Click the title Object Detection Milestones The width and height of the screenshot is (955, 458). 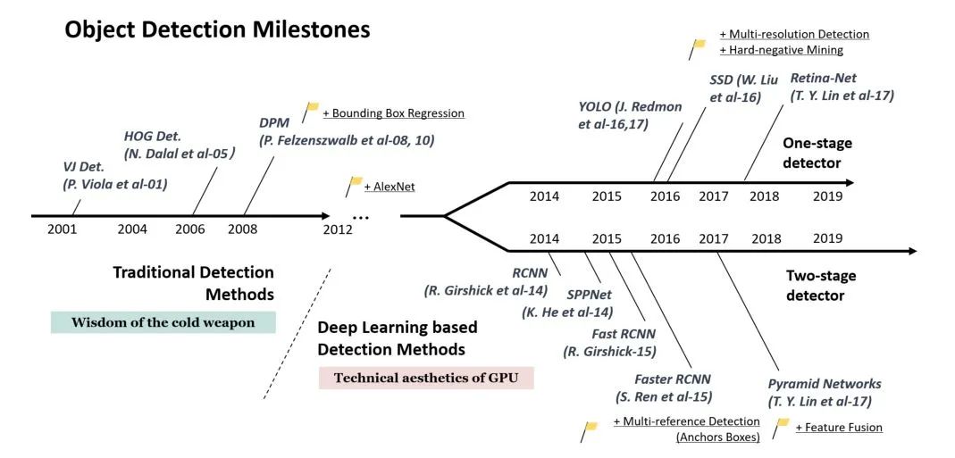pyautogui.click(x=217, y=29)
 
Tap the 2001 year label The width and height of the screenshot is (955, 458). pyautogui.click(x=62, y=229)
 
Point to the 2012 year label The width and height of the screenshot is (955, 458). pyautogui.click(x=338, y=229)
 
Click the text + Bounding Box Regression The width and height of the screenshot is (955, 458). pyautogui.click(x=393, y=113)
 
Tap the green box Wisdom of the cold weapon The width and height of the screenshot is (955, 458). pyautogui.click(x=163, y=322)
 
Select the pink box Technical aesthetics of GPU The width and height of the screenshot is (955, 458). pyautogui.click(x=426, y=378)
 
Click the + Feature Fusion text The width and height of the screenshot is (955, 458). pyautogui.click(x=838, y=428)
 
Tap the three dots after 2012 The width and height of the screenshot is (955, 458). pyautogui.click(x=361, y=217)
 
